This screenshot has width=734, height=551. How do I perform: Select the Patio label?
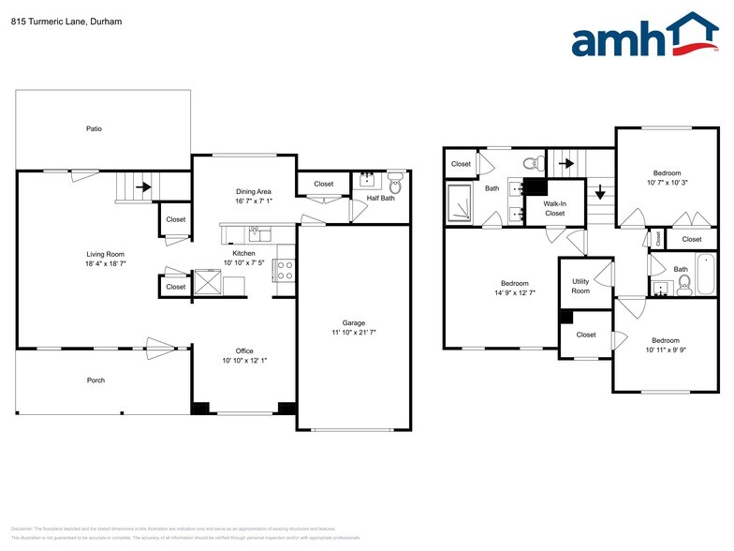point(95,128)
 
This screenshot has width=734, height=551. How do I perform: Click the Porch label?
point(95,380)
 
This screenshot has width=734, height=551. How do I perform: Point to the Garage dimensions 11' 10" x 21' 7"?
point(353,332)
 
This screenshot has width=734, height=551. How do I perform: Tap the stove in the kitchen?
point(285,271)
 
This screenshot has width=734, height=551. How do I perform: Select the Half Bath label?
point(379,198)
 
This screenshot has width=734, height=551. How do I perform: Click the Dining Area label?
point(253,191)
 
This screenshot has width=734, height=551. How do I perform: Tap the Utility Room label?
point(580,286)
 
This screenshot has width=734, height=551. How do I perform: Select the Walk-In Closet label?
point(554,207)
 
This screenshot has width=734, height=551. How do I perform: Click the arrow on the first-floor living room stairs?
point(142,186)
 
